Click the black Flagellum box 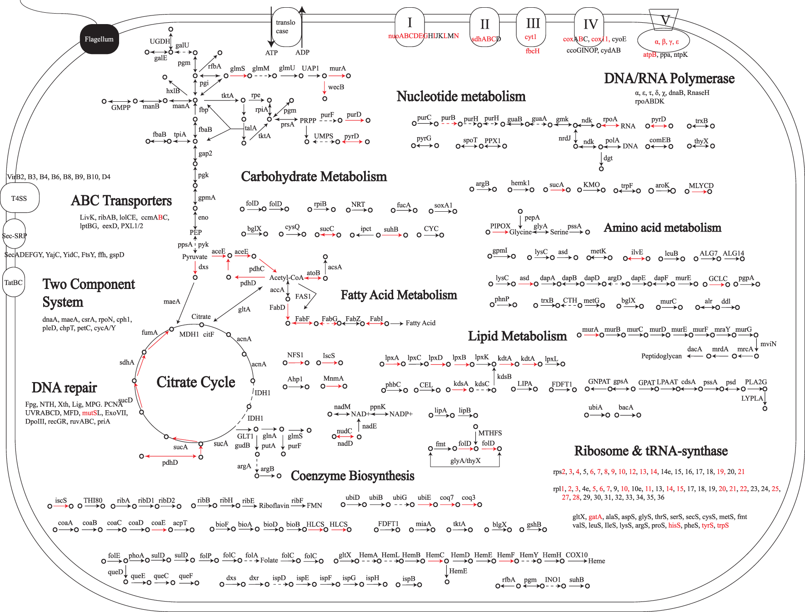pos(99,39)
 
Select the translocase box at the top pos(286,27)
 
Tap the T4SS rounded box pos(20,198)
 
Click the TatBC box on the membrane pos(14,282)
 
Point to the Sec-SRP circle pos(14,235)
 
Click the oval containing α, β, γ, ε pos(664,41)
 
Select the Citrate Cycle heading pos(195,382)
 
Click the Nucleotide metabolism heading pos(461,96)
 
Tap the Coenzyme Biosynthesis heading pos(352,476)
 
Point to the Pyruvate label pos(195,257)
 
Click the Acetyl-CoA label pos(286,278)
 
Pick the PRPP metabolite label pos(308,120)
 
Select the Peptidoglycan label pos(661,356)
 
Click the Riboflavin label pos(274,506)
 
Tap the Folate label pos(269,561)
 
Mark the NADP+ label pos(401,414)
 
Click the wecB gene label pos(336,87)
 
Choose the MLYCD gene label pos(701,185)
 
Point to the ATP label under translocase pos(271,53)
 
